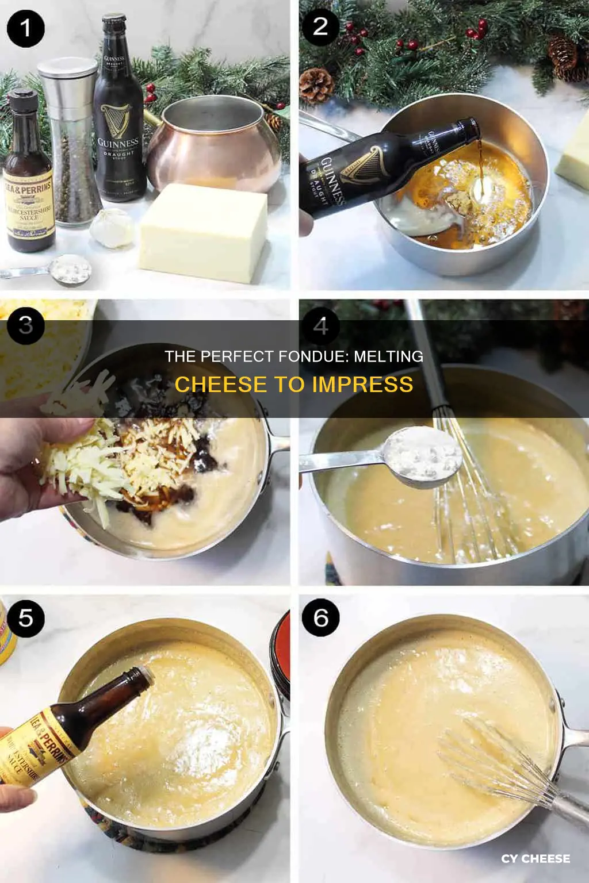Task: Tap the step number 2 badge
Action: (320, 26)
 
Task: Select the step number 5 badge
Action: (25, 618)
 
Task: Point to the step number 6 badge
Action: (320, 618)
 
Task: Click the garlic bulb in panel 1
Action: (112, 229)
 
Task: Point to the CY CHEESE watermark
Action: (535, 858)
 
